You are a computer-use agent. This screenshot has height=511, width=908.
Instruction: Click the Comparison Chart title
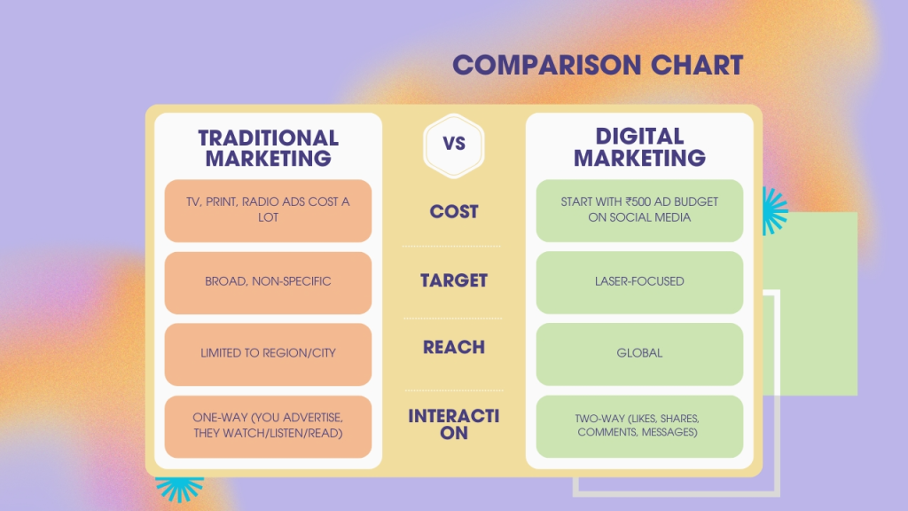coord(597,65)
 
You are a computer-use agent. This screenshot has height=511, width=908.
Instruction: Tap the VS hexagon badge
coord(453,143)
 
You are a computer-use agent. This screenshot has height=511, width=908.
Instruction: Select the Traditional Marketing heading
coord(268,148)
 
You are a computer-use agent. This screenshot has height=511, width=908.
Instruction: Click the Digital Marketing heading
coord(639,147)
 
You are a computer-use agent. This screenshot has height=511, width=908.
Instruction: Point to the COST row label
coord(454,212)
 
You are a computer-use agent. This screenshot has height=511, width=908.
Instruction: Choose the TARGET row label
coord(454,280)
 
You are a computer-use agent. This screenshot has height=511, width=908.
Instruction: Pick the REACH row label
coord(454,348)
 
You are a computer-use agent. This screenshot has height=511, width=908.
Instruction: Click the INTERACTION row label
coord(454,424)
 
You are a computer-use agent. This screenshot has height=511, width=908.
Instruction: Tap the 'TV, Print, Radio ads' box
coord(268,210)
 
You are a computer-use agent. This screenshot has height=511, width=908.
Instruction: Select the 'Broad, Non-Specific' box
coord(268,282)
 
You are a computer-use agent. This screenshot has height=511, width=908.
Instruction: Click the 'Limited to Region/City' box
coord(268,353)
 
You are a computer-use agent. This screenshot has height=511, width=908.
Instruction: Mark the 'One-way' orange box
coord(268,425)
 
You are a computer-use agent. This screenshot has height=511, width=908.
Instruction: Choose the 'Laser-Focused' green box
coord(639,282)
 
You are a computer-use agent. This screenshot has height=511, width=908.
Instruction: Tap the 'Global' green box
coord(639,353)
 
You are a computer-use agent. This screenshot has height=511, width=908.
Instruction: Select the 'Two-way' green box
coord(639,425)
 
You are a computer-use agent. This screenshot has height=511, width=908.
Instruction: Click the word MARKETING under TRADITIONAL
coord(268,159)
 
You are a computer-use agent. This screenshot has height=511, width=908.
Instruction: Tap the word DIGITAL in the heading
coord(639,137)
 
